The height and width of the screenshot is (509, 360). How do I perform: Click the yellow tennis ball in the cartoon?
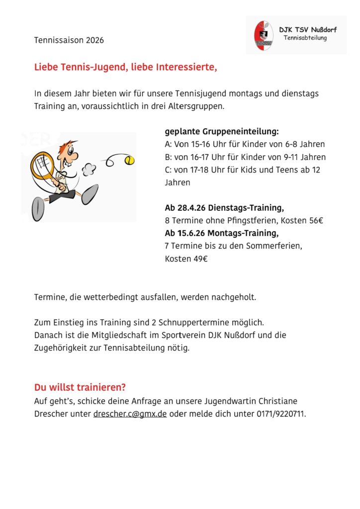(x=130, y=160)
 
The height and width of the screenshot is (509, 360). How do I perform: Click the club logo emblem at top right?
(x=264, y=35)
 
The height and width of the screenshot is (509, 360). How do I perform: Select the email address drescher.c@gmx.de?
(x=130, y=414)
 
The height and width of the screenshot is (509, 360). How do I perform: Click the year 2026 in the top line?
(x=94, y=40)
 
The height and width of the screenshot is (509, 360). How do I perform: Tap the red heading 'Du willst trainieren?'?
(x=80, y=387)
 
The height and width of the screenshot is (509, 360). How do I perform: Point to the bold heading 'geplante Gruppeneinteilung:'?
(x=222, y=131)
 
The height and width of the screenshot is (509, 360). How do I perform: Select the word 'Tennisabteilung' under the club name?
(x=305, y=38)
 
